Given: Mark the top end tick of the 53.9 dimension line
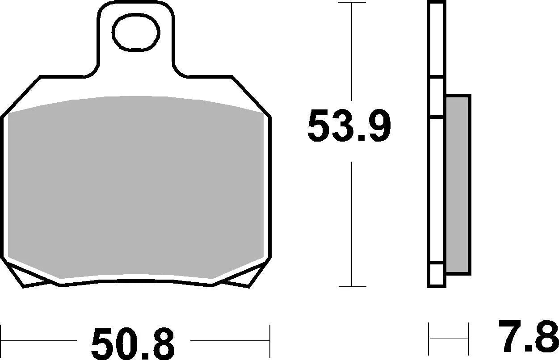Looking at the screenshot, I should pos(352,3).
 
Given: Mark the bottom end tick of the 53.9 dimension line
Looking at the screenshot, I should pos(352,287).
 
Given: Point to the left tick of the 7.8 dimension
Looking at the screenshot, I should pos(429,339).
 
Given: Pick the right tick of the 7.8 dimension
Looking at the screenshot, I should pos(468,339).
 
